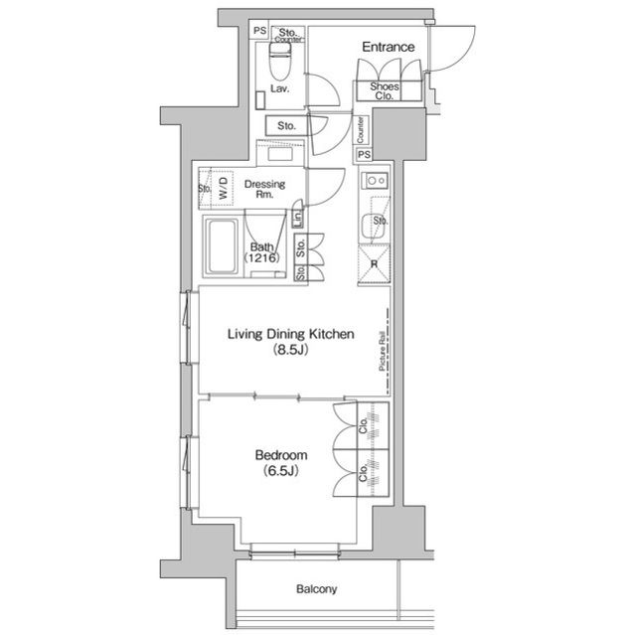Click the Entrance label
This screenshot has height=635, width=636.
click(389, 47)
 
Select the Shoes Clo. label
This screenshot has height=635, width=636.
click(385, 91)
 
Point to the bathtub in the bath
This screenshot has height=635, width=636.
click(222, 246)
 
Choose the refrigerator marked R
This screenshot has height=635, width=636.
click(374, 264)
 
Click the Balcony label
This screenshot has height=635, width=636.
click(316, 588)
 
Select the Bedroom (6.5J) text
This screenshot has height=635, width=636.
click(280, 463)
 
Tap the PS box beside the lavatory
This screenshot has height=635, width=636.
click(260, 31)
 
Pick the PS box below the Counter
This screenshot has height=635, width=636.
click(364, 154)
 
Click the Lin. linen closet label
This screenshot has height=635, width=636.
click(298, 219)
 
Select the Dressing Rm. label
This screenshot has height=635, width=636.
click(265, 189)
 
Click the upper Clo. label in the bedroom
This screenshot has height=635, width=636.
click(363, 425)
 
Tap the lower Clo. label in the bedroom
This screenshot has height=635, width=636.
click(363, 473)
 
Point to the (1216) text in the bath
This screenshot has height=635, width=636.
click(261, 257)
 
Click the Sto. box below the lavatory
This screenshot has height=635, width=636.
click(287, 125)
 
